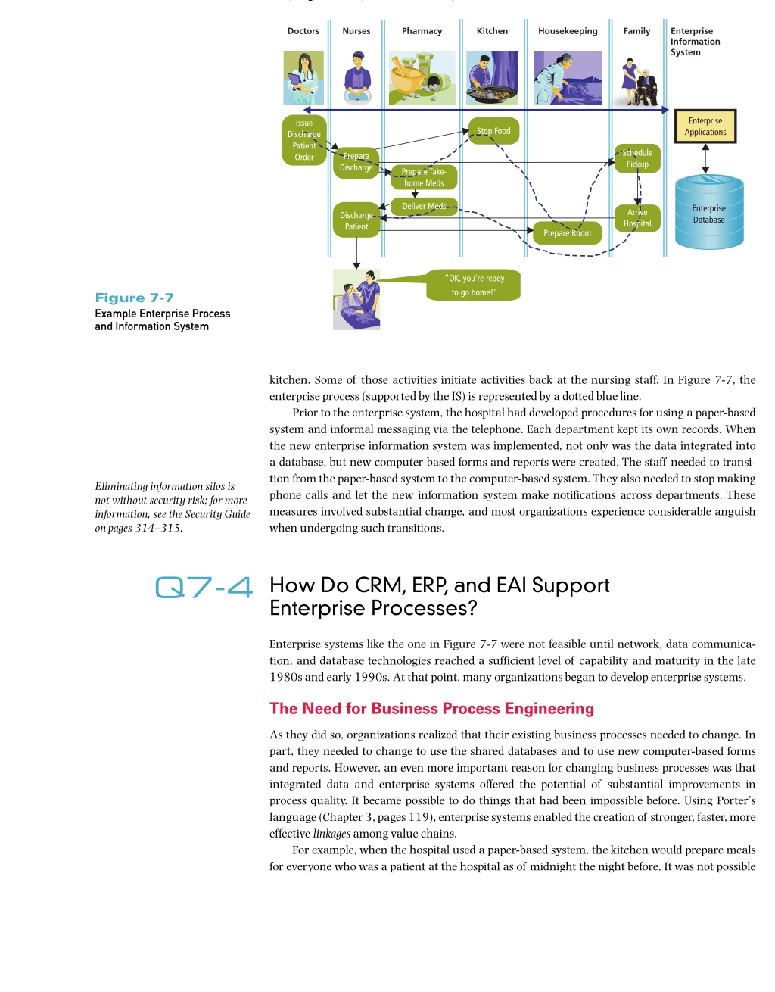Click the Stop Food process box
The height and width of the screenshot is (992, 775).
click(493, 131)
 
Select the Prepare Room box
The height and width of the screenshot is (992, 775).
click(567, 233)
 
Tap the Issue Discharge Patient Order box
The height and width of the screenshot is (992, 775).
click(303, 140)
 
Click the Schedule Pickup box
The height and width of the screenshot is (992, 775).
click(637, 158)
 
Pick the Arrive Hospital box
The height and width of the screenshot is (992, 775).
click(637, 218)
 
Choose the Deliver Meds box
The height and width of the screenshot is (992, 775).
click(425, 206)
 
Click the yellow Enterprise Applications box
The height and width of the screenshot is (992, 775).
click(705, 126)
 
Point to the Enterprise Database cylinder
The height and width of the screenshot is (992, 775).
click(709, 212)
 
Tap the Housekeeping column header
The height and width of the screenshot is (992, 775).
click(568, 31)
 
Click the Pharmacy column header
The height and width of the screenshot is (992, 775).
click(422, 31)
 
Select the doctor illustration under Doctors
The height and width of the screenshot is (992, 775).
click(303, 78)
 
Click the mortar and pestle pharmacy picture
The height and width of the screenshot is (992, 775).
click(422, 78)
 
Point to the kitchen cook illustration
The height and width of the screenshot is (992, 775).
click(492, 78)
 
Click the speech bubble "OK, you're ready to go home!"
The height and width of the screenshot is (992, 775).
click(474, 285)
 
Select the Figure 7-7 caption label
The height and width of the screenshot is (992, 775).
click(134, 298)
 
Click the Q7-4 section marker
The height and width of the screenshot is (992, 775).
click(204, 587)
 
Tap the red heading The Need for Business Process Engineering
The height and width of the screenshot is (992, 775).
click(431, 708)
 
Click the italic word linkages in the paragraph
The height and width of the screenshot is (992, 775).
click(331, 834)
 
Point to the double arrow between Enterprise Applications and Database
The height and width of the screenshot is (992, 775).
click(705, 158)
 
